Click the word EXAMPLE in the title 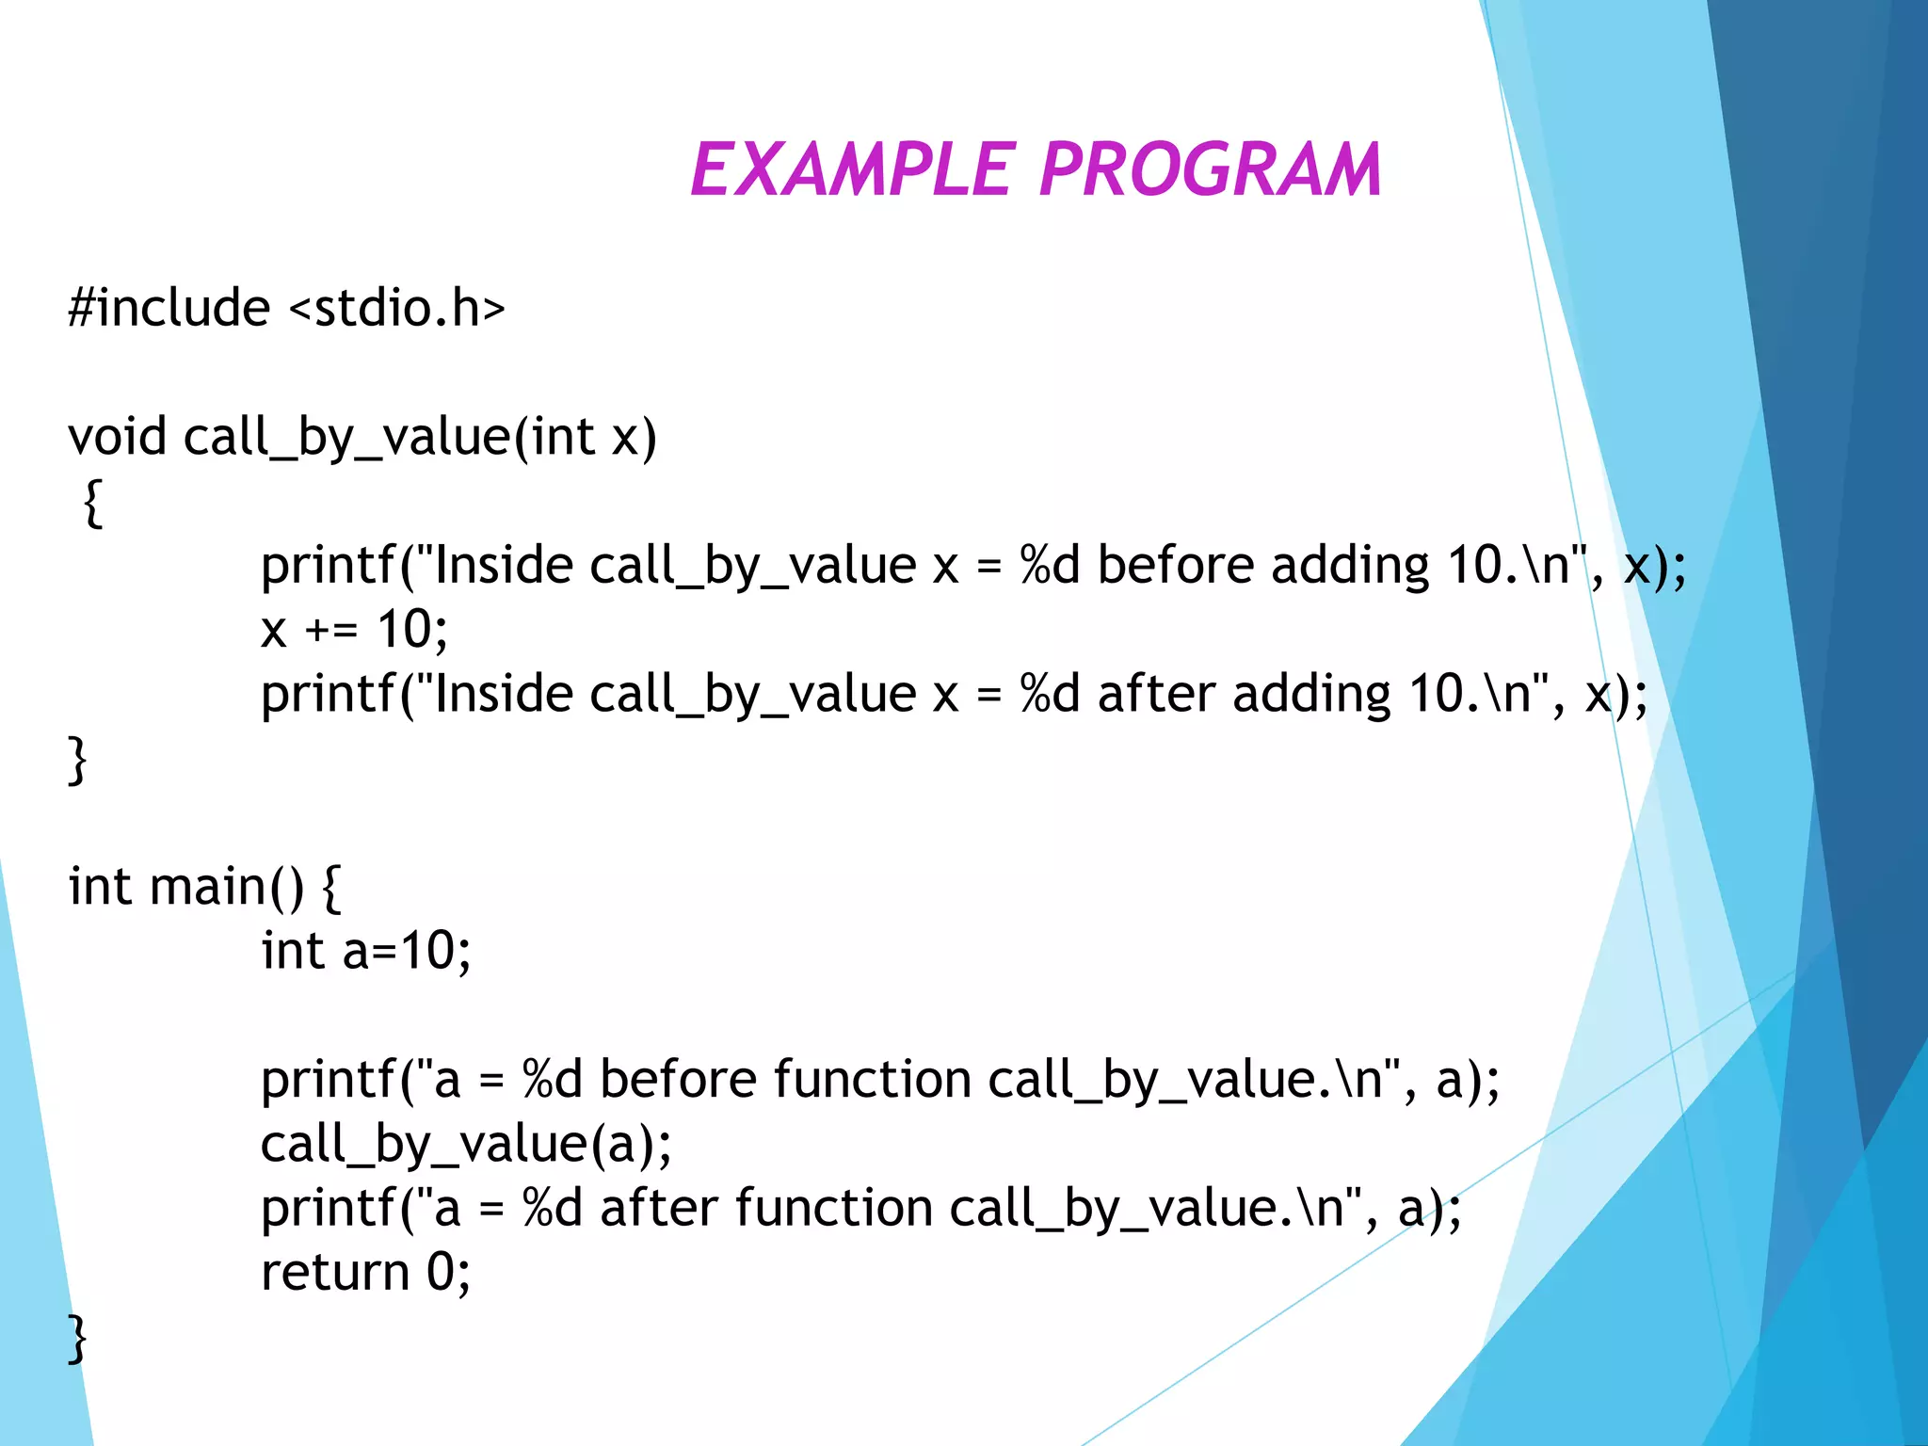point(853,170)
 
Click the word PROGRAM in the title point(1210,170)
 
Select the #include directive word point(169,308)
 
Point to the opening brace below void point(92,504)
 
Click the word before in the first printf point(1175,565)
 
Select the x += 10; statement point(354,629)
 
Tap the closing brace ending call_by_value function point(77,759)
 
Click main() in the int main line point(227,887)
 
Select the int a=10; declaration point(365,951)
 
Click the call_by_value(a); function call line point(466,1144)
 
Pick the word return point(335,1272)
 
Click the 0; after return point(448,1272)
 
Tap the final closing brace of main point(77,1338)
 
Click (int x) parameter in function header point(585,437)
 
